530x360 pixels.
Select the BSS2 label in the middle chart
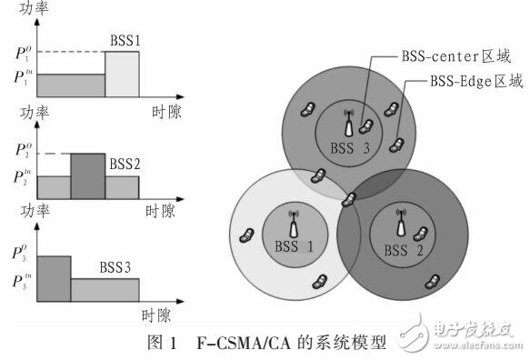[125, 165]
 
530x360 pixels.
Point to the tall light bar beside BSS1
[122, 75]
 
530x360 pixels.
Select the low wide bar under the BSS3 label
[105, 290]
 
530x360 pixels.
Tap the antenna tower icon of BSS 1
[294, 221]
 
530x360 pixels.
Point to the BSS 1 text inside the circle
[292, 245]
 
